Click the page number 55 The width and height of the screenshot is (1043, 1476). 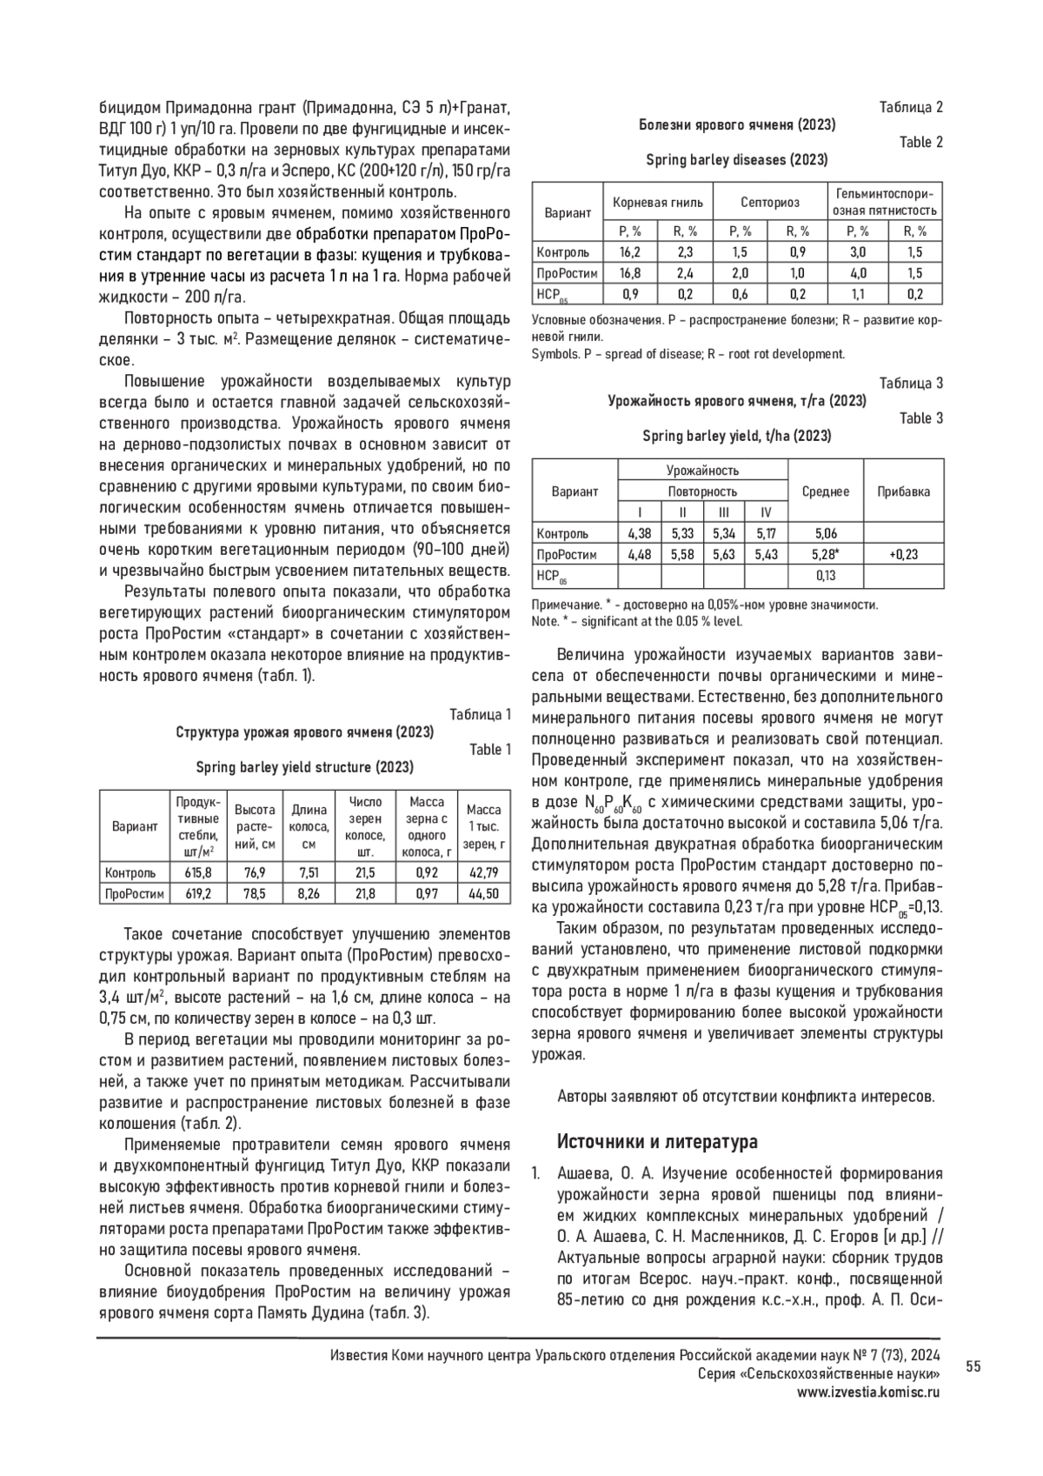[x=973, y=1367]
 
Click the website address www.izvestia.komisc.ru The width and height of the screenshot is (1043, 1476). [x=869, y=1392]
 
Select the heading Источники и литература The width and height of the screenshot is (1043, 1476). [x=657, y=1141]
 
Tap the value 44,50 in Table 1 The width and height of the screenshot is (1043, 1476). [x=484, y=893]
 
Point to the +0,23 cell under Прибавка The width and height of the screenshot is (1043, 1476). [x=904, y=554]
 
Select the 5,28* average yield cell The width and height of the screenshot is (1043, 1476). [x=825, y=554]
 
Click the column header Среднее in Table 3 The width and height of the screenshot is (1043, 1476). [x=825, y=491]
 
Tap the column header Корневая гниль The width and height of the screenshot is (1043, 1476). [x=658, y=203]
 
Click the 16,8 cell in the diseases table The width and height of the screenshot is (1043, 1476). [x=630, y=273]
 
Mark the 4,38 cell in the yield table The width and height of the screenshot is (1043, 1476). [x=639, y=533]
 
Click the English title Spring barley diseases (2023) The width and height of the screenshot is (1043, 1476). [x=736, y=160]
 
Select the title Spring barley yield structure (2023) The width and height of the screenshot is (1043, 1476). [x=304, y=767]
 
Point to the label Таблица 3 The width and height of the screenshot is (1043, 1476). [x=911, y=384]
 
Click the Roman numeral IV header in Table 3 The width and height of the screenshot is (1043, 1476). [x=766, y=512]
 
